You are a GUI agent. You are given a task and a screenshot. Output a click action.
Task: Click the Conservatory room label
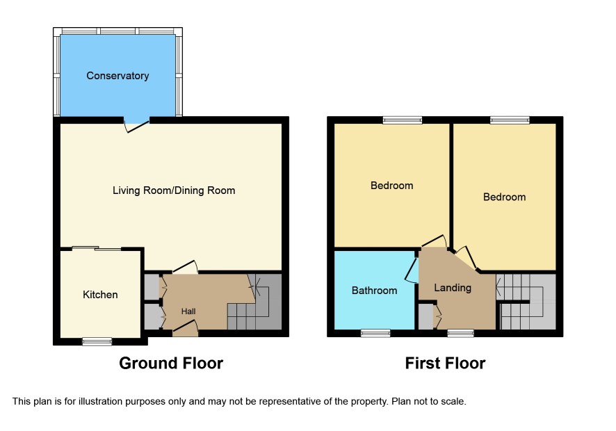pyautogui.click(x=117, y=76)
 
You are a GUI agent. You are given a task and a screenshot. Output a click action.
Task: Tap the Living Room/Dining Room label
pyautogui.click(x=174, y=190)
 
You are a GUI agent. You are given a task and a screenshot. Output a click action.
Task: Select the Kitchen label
pyautogui.click(x=100, y=295)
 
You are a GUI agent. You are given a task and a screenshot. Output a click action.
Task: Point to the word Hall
pyautogui.click(x=188, y=311)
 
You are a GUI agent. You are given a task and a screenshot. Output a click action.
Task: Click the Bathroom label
pyautogui.click(x=374, y=291)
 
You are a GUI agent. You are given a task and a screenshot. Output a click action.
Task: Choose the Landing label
pyautogui.click(x=453, y=288)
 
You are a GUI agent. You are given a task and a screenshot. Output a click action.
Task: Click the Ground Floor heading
pyautogui.click(x=171, y=363)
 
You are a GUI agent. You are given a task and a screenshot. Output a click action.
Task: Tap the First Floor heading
pyautogui.click(x=445, y=363)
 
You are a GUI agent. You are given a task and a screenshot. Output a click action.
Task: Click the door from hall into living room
pyautogui.click(x=185, y=267)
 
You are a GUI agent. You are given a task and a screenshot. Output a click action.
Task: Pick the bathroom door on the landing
pyautogui.click(x=412, y=270)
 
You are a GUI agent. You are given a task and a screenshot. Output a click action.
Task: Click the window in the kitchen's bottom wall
pyautogui.click(x=97, y=341)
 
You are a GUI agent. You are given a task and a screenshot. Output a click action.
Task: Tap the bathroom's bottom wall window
pyautogui.click(x=375, y=333)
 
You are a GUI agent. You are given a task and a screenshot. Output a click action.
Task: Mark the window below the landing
pyautogui.click(x=461, y=333)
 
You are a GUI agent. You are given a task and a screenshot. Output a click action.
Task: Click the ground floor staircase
pyautogui.click(x=254, y=302)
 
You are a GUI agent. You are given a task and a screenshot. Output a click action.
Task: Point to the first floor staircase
pyautogui.click(x=526, y=302)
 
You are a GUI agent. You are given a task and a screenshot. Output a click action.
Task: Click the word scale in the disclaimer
pyautogui.click(x=454, y=402)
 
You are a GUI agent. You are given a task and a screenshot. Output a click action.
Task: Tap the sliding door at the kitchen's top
pyautogui.click(x=97, y=248)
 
